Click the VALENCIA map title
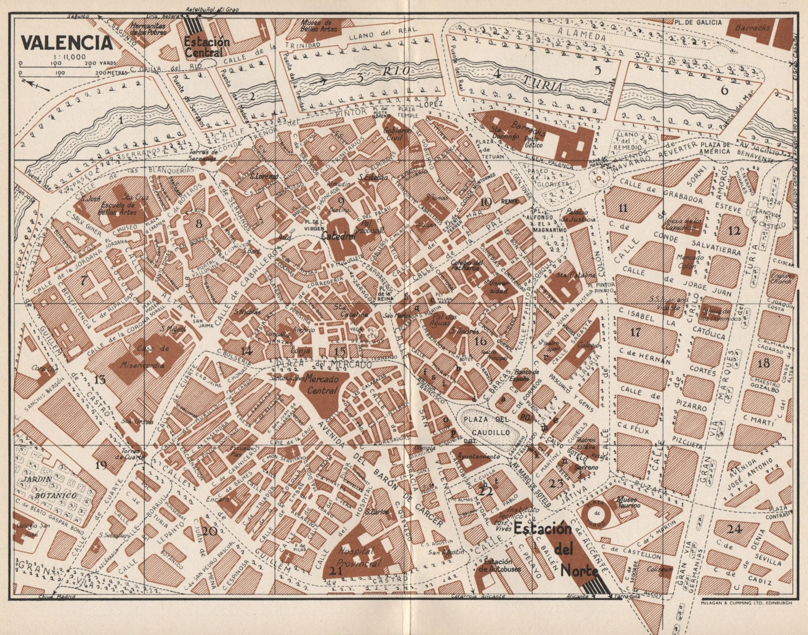point(67,42)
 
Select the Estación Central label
point(207,47)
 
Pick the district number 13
point(100,379)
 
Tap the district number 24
point(735,529)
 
